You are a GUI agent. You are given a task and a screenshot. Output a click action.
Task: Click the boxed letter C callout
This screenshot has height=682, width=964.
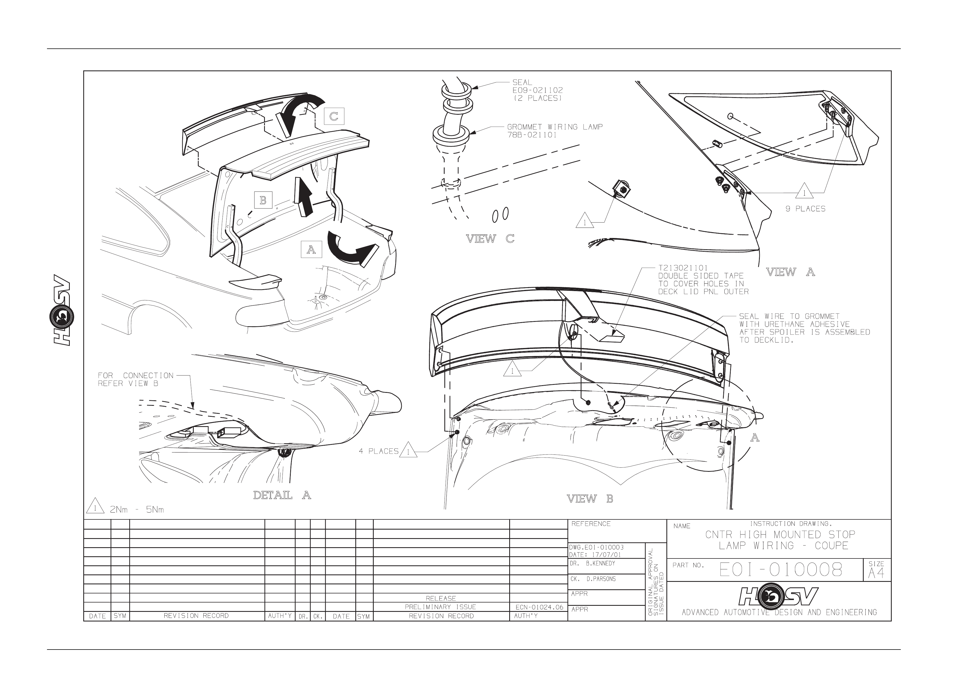click(x=334, y=116)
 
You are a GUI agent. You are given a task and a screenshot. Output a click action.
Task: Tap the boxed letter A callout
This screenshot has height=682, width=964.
click(x=311, y=250)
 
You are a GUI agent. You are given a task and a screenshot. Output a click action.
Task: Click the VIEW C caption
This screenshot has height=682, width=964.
click(x=490, y=239)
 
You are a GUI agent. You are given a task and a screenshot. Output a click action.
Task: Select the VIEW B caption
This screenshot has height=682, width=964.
click(x=590, y=499)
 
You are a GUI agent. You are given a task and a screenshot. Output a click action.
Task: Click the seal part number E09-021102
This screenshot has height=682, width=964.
click(x=538, y=90)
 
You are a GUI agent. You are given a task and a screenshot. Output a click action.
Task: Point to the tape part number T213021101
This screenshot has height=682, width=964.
click(x=683, y=268)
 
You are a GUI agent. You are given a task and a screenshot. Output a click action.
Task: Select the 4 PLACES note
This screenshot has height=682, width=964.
click(x=379, y=451)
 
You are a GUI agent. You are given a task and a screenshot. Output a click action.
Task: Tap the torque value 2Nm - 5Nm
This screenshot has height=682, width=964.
click(x=137, y=510)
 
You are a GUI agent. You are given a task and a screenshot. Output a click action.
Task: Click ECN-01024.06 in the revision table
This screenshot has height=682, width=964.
click(x=539, y=607)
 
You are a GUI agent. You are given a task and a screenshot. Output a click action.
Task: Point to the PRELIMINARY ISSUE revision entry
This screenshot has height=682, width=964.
click(x=441, y=607)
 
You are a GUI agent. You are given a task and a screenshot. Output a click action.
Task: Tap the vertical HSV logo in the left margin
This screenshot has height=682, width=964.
click(x=62, y=311)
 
